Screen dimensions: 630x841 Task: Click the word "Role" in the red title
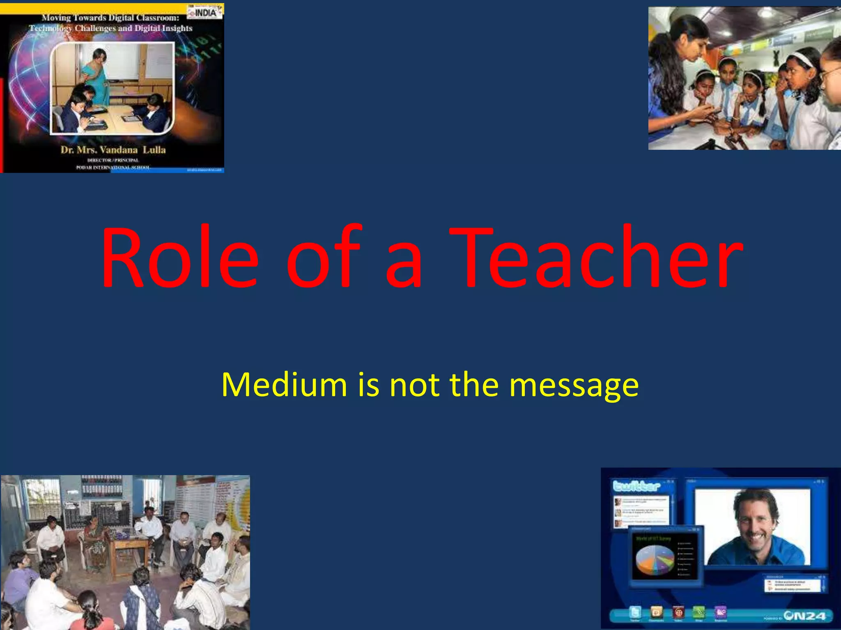tap(180, 258)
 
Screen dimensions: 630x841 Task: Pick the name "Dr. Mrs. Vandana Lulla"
tap(113, 150)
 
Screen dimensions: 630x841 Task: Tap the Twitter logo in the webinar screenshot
tap(636, 486)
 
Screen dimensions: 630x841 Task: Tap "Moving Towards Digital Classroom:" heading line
tap(110, 18)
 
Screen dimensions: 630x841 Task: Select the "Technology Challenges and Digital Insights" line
tap(110, 28)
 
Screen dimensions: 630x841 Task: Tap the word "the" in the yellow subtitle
tap(474, 385)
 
